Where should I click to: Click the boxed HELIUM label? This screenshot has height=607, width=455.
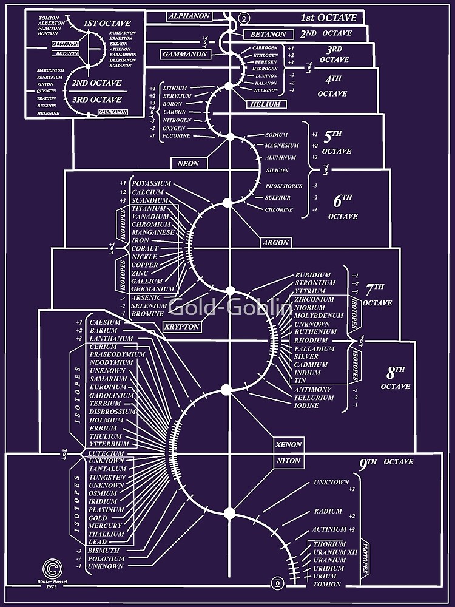point(265,104)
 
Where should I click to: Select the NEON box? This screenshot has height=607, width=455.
point(188,163)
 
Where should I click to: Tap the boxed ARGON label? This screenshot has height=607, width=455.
point(275,242)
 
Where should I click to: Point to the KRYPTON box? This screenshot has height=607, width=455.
point(181,327)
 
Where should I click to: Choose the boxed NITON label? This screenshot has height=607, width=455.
point(289,461)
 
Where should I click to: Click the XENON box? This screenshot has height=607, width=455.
point(289,444)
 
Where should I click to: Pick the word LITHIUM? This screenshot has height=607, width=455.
point(175,88)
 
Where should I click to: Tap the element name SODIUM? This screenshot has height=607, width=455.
point(276,135)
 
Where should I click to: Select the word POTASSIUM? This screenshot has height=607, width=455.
point(152,183)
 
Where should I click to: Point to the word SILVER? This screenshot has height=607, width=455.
point(306,357)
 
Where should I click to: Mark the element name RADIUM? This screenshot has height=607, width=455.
point(328,512)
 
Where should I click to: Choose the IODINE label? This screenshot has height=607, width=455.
point(306,405)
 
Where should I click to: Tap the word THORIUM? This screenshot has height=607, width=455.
point(329,544)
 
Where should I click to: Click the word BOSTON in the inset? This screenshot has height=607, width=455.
point(47,34)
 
